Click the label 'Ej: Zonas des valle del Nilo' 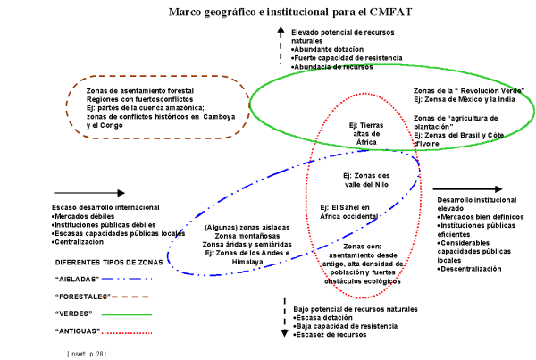[x=367, y=180]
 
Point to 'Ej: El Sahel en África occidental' [x=362, y=213]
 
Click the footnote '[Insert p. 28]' [x=86, y=354]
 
